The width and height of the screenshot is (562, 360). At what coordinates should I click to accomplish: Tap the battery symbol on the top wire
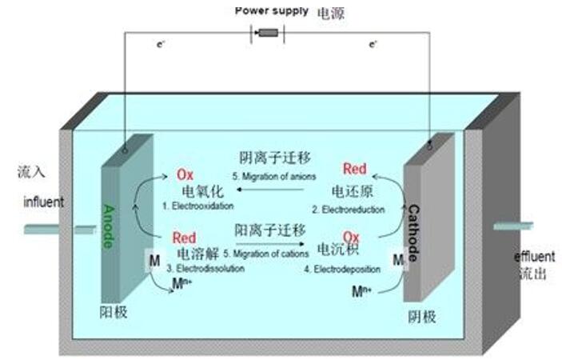269,33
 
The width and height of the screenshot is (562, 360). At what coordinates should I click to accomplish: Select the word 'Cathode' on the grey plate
414,233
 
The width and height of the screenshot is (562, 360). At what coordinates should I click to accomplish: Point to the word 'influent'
43,202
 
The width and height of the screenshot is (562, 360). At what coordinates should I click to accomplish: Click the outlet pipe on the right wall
512,226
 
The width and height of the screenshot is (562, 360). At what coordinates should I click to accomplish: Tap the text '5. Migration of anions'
274,175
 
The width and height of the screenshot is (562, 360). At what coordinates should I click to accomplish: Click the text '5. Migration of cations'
270,254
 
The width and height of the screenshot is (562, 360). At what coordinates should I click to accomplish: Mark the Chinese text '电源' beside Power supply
333,14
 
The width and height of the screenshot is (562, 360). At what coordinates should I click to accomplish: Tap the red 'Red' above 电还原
354,169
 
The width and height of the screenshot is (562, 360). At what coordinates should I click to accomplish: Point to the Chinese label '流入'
33,172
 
